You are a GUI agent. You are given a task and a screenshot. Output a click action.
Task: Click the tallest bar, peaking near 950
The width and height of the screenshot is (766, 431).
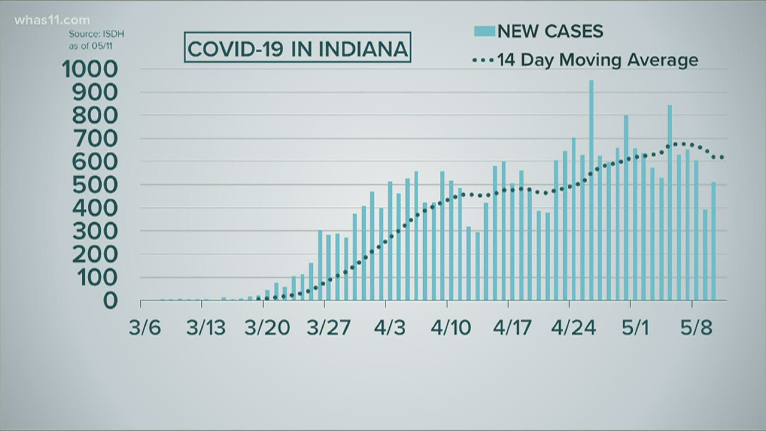[591, 192]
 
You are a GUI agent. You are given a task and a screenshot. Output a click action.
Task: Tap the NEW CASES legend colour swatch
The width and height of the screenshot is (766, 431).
[484, 31]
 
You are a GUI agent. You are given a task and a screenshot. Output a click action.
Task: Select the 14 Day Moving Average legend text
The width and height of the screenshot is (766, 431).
[597, 60]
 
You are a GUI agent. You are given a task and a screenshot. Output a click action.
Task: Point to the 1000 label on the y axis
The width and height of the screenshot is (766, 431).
[90, 69]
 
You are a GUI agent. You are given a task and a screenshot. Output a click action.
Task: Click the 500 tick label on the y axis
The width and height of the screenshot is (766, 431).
[95, 185]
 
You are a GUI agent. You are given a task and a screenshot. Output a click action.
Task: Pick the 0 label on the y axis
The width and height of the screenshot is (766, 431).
[111, 301]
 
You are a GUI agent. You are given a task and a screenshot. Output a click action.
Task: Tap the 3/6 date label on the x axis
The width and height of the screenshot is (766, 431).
[145, 328]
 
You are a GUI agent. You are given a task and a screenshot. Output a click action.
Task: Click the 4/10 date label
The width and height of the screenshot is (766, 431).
[451, 328]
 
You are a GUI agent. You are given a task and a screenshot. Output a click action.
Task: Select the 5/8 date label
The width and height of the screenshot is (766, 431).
[696, 328]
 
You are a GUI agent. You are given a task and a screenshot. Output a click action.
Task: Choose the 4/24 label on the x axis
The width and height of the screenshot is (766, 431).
[574, 328]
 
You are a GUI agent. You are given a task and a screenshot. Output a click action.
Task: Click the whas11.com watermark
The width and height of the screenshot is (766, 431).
[52, 20]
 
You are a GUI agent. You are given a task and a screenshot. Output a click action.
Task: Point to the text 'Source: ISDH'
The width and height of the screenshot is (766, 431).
[96, 34]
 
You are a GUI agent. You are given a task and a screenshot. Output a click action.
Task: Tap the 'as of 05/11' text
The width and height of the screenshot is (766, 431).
[91, 46]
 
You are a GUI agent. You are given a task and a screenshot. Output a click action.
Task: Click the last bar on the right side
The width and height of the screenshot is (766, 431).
[714, 241]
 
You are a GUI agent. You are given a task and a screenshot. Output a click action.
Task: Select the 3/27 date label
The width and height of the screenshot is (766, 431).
[329, 328]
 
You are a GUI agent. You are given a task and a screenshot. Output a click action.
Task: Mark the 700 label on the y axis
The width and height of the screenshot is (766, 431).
[95, 139]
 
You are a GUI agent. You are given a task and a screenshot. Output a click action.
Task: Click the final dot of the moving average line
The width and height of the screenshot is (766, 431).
[722, 158]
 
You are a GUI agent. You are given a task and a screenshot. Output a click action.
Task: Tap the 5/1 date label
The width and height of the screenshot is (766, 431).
[635, 328]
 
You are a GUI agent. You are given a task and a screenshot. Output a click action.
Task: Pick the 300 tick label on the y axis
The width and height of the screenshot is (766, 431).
[95, 231]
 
